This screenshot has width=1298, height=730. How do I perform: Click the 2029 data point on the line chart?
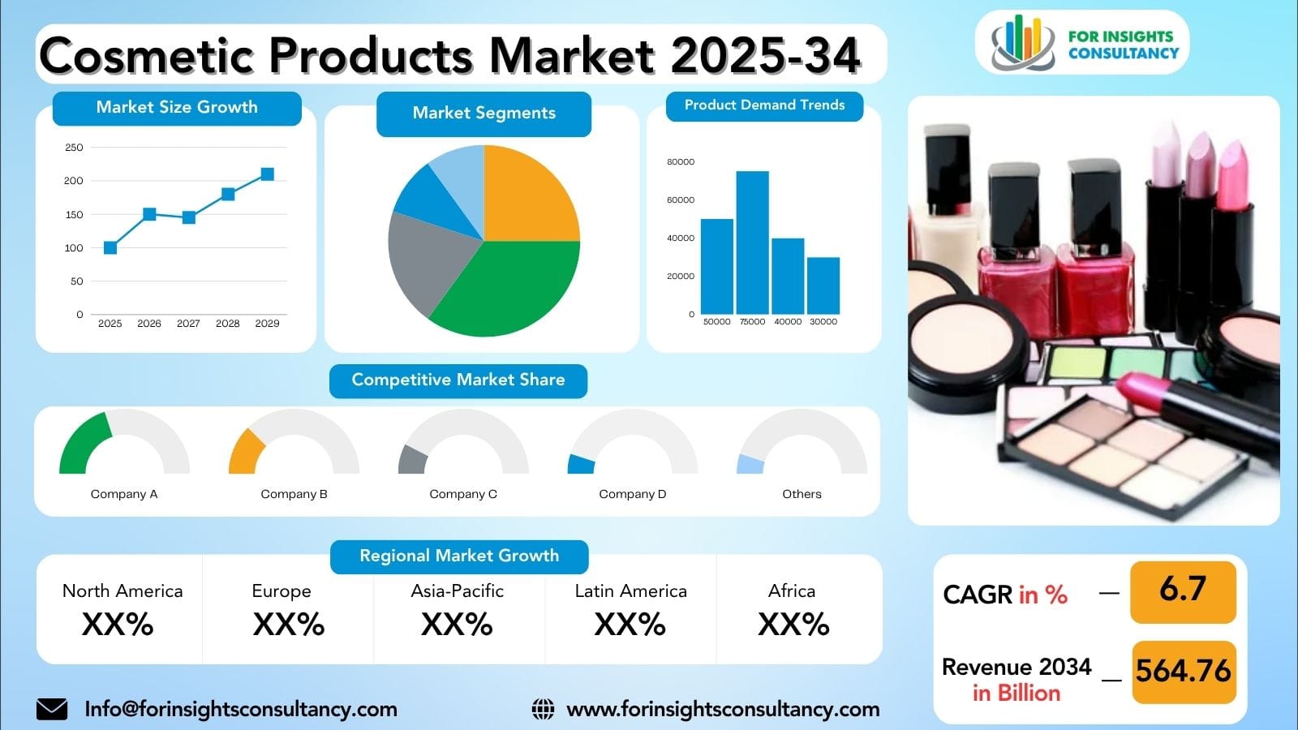pos(267,174)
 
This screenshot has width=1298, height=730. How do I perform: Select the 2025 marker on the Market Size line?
pos(110,247)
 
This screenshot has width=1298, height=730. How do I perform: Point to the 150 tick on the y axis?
pos(74,215)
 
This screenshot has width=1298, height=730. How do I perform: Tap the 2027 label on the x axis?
pos(188,324)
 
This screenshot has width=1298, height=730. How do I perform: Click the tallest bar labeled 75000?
pos(752,243)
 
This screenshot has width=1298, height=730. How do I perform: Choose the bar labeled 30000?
pos(823,286)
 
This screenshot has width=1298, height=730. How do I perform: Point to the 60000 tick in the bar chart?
pos(681,200)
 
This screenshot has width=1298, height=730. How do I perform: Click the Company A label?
pos(124,494)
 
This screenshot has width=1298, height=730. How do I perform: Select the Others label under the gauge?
pos(802,494)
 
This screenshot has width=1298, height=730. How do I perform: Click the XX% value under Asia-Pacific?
pos(457,625)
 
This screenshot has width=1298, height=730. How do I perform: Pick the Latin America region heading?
pos(630,591)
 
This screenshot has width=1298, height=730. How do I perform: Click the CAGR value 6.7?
pos(1183,590)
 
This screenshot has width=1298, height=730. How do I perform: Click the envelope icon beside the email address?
pos(52,709)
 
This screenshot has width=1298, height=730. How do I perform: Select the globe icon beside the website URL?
pos(543,709)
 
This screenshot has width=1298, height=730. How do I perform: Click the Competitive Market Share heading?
pos(458,380)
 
